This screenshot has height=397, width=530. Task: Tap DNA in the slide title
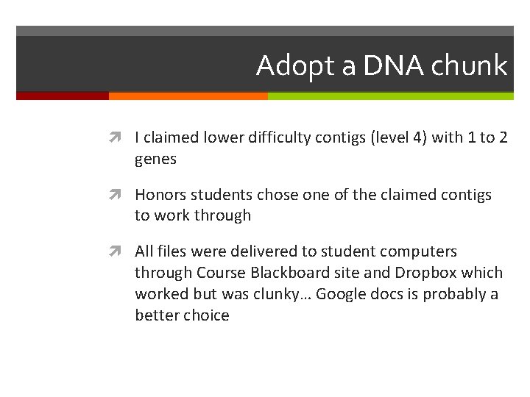coord(383,66)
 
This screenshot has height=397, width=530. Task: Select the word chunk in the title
coord(469,66)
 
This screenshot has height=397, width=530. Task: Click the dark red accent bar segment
coord(63,96)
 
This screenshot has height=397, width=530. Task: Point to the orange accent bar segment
coord(188,96)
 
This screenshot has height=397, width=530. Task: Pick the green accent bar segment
coord(390,96)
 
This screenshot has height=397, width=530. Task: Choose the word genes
coord(155,160)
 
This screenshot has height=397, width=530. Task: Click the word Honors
coord(160,195)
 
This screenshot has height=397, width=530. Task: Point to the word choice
coord(206,315)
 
